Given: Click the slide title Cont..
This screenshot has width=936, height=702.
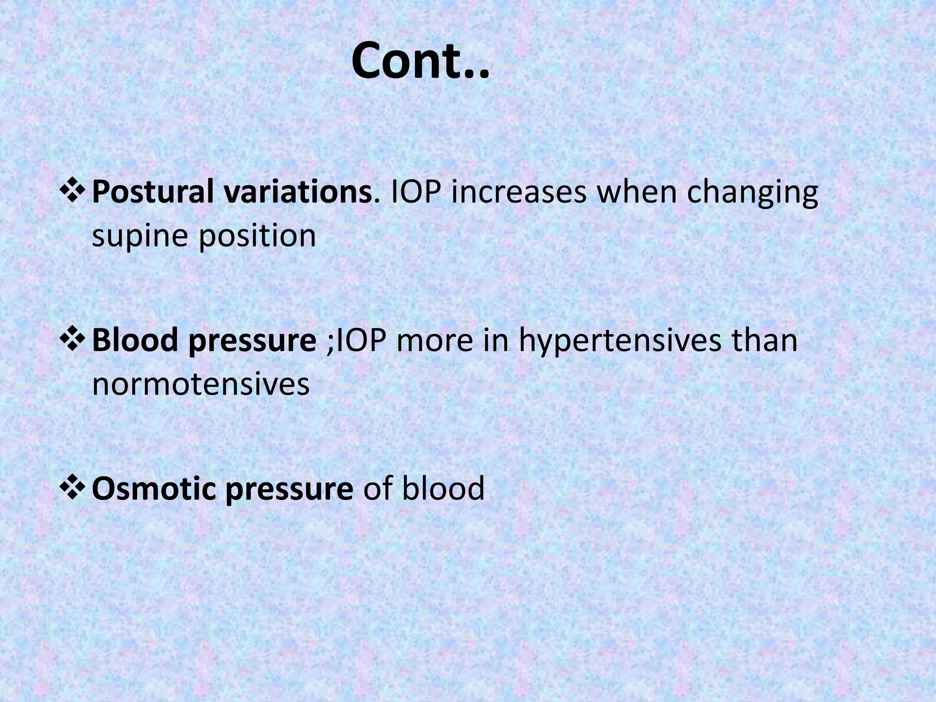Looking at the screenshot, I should coord(420,61).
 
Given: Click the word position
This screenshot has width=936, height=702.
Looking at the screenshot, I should coord(257,237).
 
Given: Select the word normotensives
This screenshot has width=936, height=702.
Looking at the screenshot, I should coord(201,384).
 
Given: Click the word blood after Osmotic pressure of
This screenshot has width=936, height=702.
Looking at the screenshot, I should coord(442,488).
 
